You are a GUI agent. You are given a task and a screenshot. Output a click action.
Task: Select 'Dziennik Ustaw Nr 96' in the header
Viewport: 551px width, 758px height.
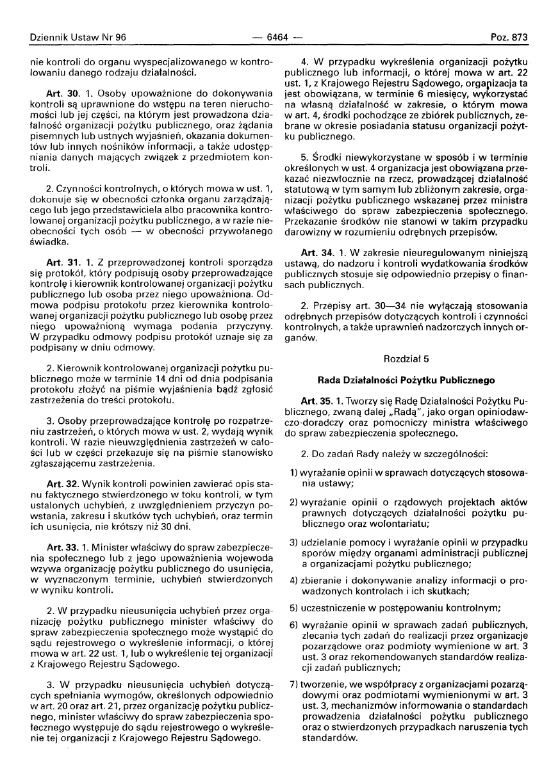click(x=71, y=38)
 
